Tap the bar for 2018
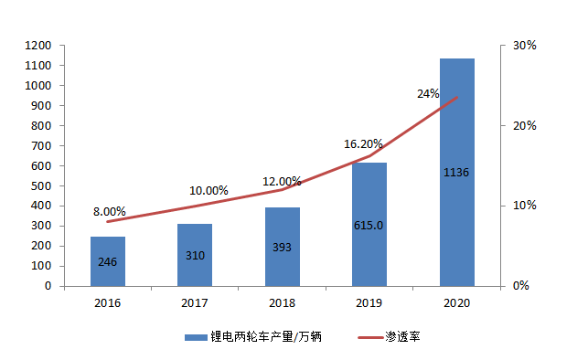click(x=282, y=246)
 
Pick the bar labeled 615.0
click(x=369, y=224)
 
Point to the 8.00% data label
click(x=110, y=211)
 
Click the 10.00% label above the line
click(x=208, y=191)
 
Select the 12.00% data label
click(x=283, y=181)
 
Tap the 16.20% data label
click(x=363, y=144)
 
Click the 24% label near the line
click(x=428, y=93)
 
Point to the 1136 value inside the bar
click(x=456, y=172)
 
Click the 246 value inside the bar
click(x=108, y=262)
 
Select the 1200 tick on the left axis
click(x=38, y=46)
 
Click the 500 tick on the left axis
click(x=41, y=185)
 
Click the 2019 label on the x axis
click(x=369, y=302)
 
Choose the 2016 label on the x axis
click(x=107, y=302)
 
